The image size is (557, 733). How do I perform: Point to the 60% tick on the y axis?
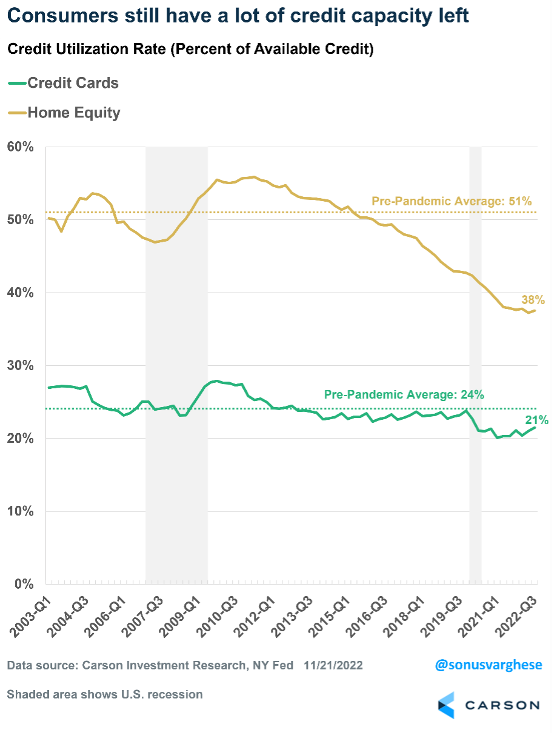20,147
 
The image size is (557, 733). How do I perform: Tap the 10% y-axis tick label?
20,511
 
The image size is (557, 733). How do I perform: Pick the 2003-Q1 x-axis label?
28,613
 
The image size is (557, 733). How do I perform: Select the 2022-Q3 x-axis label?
518,613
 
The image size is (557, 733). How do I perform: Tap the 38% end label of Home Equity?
533,300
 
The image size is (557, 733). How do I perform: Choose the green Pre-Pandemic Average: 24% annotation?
404,395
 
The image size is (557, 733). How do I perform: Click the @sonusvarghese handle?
489,665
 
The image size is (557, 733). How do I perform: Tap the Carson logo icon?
449,705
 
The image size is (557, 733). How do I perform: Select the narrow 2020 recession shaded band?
475,363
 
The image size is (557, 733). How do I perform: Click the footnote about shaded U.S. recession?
105,694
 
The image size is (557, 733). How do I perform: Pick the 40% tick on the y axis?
20,293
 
